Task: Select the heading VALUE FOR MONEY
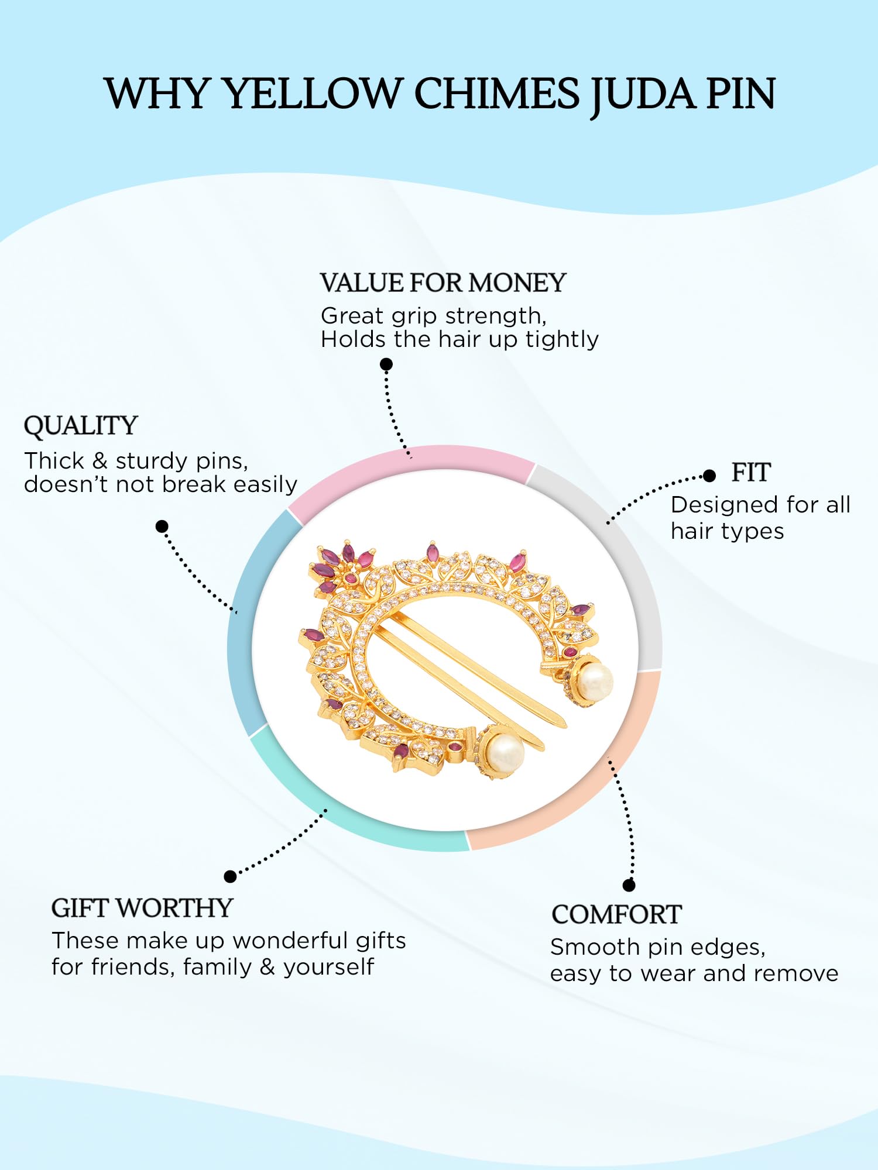click(x=443, y=283)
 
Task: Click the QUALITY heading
click(x=81, y=425)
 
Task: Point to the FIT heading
click(x=751, y=472)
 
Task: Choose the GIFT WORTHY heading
click(x=142, y=908)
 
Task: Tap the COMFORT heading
click(x=617, y=914)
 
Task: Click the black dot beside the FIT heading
click(x=709, y=476)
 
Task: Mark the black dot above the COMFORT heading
click(x=629, y=885)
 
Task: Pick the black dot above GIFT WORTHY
click(x=230, y=876)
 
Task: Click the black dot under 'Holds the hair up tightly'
click(x=386, y=364)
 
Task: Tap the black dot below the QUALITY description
click(x=162, y=526)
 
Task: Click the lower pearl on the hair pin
click(x=505, y=753)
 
